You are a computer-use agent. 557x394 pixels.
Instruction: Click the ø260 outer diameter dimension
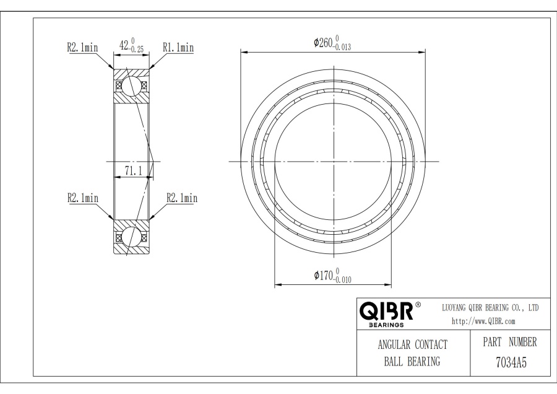coord(332,43)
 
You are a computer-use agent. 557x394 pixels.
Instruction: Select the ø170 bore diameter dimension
coord(332,276)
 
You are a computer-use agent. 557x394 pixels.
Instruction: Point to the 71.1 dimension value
coord(133,171)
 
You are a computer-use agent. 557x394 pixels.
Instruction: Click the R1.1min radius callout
coord(178,47)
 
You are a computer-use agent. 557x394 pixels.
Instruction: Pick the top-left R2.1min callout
coord(82,47)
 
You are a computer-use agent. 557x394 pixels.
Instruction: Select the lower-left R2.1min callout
coord(83,198)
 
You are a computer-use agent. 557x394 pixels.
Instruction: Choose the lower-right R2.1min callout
coord(182,198)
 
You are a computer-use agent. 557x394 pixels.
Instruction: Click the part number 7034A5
coord(511,362)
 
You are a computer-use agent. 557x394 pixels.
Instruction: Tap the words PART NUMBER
coord(510,342)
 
